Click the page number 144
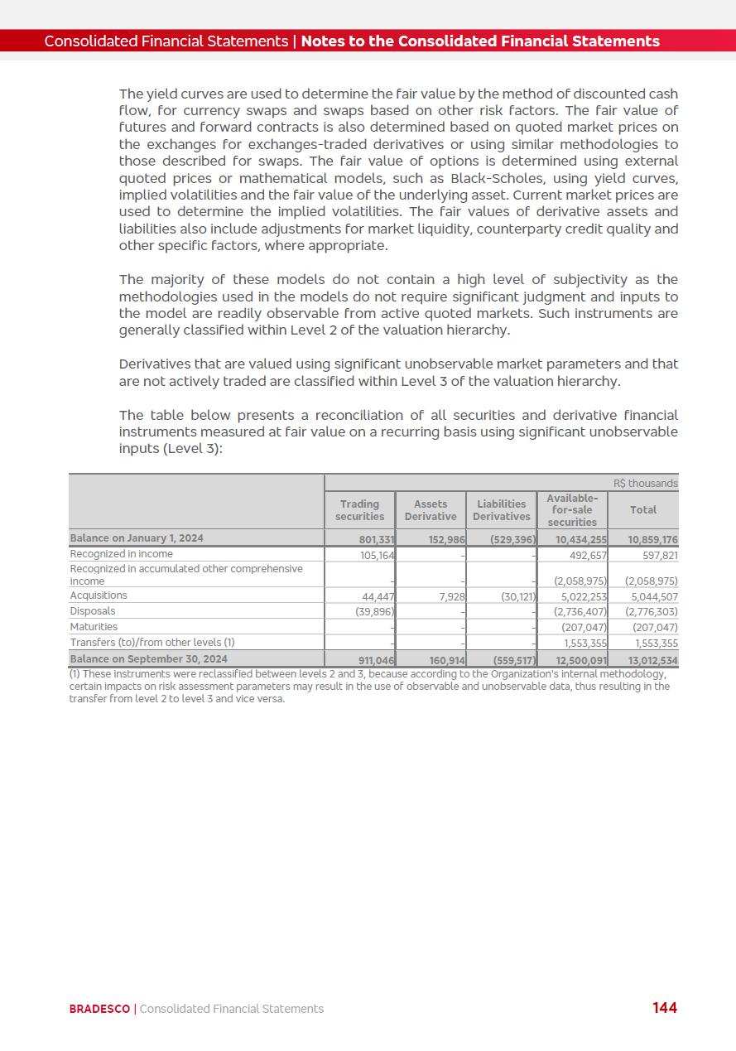click(664, 1007)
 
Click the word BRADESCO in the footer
click(99, 1009)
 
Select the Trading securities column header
click(359, 510)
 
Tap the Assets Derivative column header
click(431, 510)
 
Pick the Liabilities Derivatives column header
click(502, 510)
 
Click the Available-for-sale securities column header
click(572, 510)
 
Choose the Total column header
click(643, 510)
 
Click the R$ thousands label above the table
click(646, 484)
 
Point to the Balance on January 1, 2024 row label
click(137, 538)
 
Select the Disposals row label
click(93, 611)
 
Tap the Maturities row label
click(94, 627)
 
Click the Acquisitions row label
click(99, 595)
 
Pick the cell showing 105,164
click(377, 555)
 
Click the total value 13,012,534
click(653, 660)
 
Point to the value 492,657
click(589, 555)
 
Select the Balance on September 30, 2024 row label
click(148, 659)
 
